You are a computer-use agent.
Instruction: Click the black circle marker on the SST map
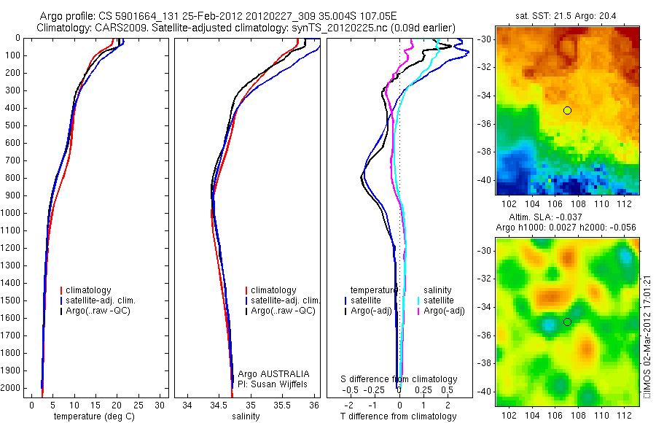[567, 110]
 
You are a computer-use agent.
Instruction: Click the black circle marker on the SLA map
[567, 322]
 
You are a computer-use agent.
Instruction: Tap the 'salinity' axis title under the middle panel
[246, 416]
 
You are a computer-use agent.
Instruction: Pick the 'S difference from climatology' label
[399, 379]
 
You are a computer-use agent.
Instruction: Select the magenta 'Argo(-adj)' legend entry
[444, 311]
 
